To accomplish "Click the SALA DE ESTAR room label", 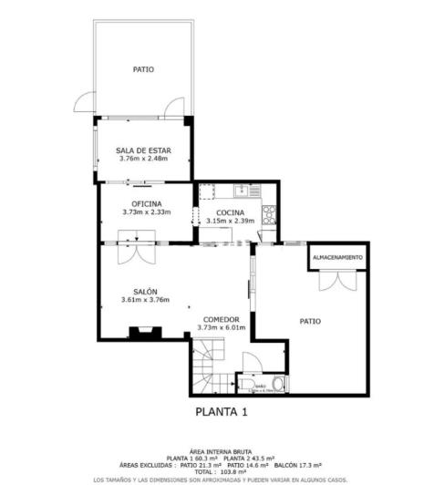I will (143, 150).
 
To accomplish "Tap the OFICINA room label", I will (147, 203).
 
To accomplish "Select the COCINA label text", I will (230, 212).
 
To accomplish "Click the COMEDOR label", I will (222, 319).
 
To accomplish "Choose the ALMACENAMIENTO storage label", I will (337, 258).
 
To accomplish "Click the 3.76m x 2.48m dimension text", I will (144, 159).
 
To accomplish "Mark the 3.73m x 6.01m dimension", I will (222, 327).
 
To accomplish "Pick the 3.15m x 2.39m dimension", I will (230, 221).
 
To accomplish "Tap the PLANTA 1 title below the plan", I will (222, 412).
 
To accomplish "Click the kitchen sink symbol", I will (242, 191).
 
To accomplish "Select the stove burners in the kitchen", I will (270, 215).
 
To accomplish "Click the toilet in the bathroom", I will (278, 384).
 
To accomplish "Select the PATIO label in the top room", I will (143, 69).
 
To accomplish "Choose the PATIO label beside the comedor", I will (311, 321).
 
